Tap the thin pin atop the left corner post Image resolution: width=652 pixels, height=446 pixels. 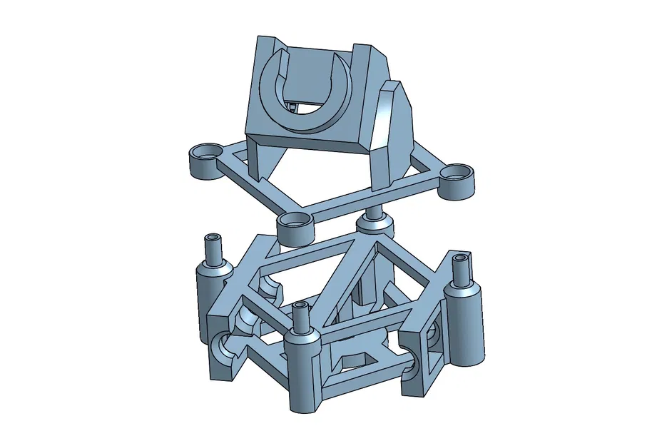(x=213, y=247)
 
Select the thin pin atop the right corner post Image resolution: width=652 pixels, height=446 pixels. (x=462, y=268)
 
